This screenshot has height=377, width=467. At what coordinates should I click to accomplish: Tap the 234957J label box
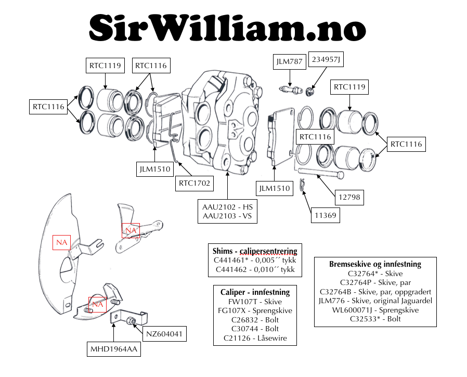326,60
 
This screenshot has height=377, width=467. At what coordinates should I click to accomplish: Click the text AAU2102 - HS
227,207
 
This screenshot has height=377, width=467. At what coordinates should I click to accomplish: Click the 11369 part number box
326,215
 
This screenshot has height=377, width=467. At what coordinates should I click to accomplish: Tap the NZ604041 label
164,334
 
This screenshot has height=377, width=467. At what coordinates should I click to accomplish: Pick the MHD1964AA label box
113,349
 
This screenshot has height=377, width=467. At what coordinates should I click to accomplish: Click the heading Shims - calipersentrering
255,250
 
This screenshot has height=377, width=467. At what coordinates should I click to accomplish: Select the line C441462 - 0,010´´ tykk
255,269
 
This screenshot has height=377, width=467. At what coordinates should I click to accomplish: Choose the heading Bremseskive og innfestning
375,264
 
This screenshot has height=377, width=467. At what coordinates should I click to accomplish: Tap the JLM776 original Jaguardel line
375,301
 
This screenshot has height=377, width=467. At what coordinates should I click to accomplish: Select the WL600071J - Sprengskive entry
375,310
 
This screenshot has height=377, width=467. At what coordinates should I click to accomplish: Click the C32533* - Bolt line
375,319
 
